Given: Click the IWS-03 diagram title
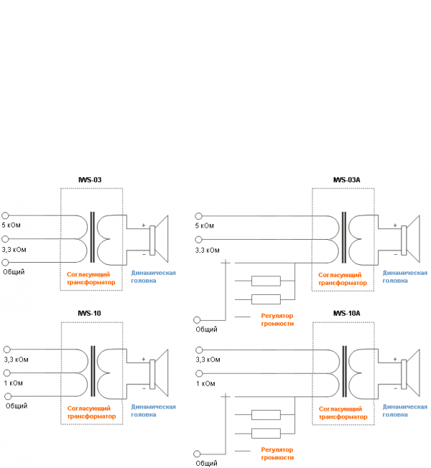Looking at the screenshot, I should (x=91, y=179).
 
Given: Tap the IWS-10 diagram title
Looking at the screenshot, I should (x=91, y=313).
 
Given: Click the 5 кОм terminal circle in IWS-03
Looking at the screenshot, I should (x=6, y=215).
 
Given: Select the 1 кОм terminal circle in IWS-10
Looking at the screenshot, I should (x=6, y=373).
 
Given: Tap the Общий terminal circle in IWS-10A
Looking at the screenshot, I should (x=198, y=452).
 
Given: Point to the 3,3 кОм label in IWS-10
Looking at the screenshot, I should (x=15, y=359).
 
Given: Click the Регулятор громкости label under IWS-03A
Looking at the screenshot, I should (x=276, y=320).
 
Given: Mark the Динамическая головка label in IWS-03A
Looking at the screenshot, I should (x=405, y=277).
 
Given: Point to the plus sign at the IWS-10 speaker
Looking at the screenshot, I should (x=143, y=360).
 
